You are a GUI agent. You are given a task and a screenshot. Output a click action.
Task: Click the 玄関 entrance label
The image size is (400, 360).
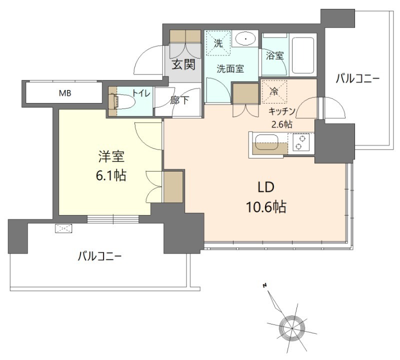click(x=183, y=64)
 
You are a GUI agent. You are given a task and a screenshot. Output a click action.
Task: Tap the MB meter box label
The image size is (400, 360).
click(x=65, y=93)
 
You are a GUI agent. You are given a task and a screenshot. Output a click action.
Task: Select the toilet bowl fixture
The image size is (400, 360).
click(x=122, y=101)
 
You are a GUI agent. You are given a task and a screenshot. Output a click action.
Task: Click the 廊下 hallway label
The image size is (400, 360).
click(x=179, y=100)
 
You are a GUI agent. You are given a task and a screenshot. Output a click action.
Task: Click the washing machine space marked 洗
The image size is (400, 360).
click(x=218, y=43)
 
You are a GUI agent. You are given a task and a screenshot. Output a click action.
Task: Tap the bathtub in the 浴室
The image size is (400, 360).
click(x=303, y=55)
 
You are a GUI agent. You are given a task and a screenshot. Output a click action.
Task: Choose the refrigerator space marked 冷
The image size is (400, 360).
click(x=274, y=91)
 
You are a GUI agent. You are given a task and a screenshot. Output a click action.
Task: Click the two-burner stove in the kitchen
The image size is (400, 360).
click(x=300, y=142)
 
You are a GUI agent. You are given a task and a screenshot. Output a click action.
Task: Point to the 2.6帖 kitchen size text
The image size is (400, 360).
click(x=281, y=124)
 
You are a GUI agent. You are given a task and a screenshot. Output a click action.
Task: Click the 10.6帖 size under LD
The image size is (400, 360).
click(x=266, y=207)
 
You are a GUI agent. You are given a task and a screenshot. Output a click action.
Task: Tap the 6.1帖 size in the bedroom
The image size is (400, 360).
click(x=111, y=175)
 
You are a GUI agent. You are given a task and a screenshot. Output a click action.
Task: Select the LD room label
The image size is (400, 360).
click(x=266, y=187)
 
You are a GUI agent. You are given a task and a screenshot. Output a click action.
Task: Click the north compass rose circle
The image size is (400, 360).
click(x=292, y=327)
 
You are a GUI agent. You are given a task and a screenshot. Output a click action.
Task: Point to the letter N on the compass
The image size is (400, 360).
click(x=265, y=285)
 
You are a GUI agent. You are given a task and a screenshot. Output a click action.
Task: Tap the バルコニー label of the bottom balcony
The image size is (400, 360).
click(x=99, y=256)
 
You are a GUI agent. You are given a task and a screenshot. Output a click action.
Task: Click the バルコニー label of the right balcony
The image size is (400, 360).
click(x=357, y=78)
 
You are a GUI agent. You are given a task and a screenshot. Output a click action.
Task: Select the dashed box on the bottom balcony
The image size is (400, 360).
click(x=63, y=228)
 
